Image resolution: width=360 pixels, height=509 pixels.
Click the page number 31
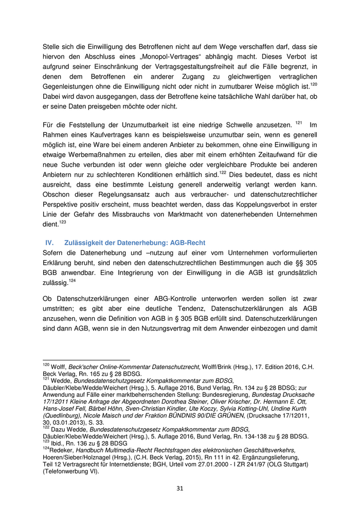(x=180, y=488)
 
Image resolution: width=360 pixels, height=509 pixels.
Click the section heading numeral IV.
(x=50, y=243)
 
